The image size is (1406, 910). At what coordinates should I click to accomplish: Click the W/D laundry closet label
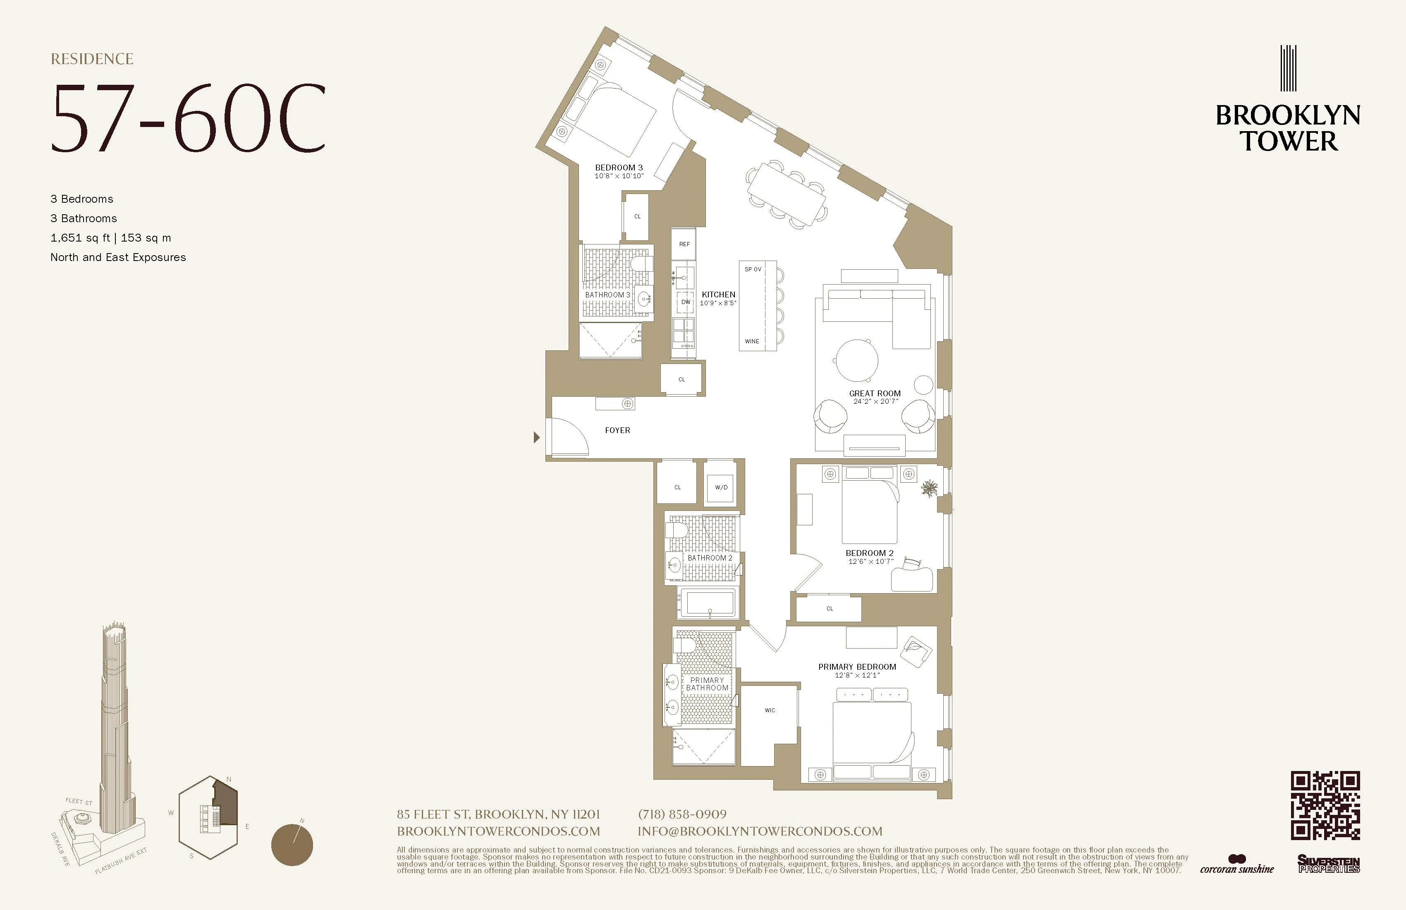coord(721,488)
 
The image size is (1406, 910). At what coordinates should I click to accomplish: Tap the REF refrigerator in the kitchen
coord(684,244)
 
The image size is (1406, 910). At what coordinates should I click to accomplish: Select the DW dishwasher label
coord(685,302)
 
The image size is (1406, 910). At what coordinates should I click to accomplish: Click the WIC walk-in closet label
coord(770,710)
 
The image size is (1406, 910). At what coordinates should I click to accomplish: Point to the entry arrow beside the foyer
coord(536,437)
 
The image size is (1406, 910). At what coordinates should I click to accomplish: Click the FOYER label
coord(617,430)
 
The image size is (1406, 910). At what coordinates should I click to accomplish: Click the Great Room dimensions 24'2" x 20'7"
coord(875,402)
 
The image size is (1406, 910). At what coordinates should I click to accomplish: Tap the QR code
coord(1325,805)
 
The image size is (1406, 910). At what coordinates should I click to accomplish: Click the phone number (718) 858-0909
coord(682,814)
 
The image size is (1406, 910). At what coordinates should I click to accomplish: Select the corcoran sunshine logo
coord(1236,865)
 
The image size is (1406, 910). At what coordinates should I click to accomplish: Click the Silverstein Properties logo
coord(1329,864)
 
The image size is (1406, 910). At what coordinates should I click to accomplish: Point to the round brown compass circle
coord(292,845)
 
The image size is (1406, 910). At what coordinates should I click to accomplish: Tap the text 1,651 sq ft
coord(80,237)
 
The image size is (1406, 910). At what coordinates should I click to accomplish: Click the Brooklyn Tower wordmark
coord(1288,128)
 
